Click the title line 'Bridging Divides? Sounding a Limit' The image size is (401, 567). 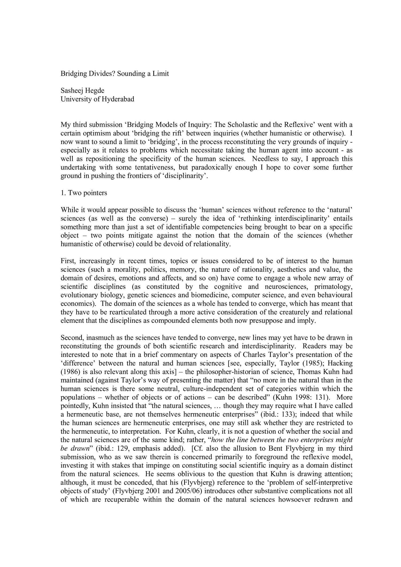115,73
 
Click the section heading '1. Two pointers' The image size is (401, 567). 84,193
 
